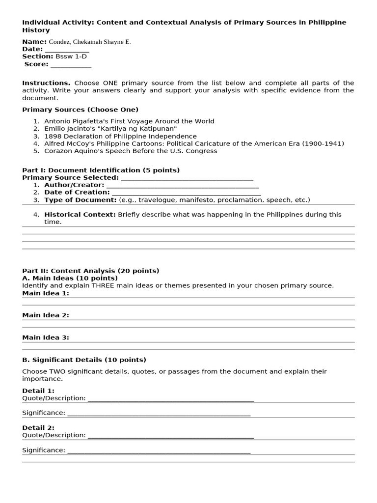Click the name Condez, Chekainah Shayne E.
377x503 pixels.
[x=89, y=42]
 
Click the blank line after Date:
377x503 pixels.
[x=67, y=49]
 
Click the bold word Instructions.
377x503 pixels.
[x=46, y=83]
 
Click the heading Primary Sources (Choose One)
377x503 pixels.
[x=80, y=110]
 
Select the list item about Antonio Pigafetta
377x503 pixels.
[x=129, y=121]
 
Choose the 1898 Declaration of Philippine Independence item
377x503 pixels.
[x=120, y=136]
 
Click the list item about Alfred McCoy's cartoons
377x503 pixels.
[x=194, y=143]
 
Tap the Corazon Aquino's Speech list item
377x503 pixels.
[x=131, y=151]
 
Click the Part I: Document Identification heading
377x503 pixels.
[x=101, y=170]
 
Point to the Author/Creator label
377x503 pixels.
[x=74, y=185]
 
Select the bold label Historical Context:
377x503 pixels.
[x=80, y=214]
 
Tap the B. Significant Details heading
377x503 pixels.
[x=84, y=360]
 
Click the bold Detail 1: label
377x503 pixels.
[x=38, y=391]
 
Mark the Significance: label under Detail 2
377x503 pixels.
[x=44, y=450]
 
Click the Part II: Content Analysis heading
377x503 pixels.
[x=91, y=271]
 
